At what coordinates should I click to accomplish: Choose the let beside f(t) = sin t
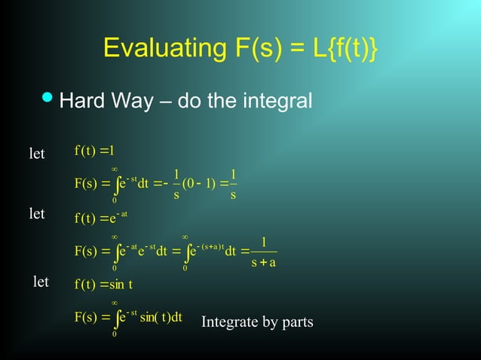click(x=41, y=282)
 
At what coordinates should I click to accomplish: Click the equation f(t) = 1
click(x=94, y=148)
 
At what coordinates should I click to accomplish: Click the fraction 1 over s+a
click(x=262, y=252)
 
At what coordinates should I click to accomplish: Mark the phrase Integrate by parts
click(x=257, y=322)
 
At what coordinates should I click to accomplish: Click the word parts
click(x=297, y=323)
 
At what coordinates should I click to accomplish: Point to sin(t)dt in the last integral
click(x=161, y=317)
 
